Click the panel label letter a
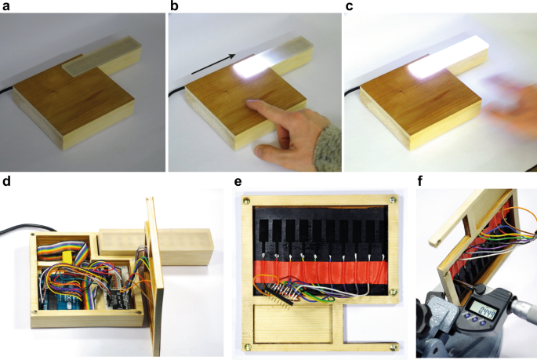pyautogui.click(x=5, y=7)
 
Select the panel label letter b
pyautogui.click(x=175, y=7)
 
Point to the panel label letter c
pyautogui.click(x=349, y=7)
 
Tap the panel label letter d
pyautogui.click(x=5, y=183)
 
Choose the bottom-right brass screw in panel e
pyautogui.click(x=390, y=345)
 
